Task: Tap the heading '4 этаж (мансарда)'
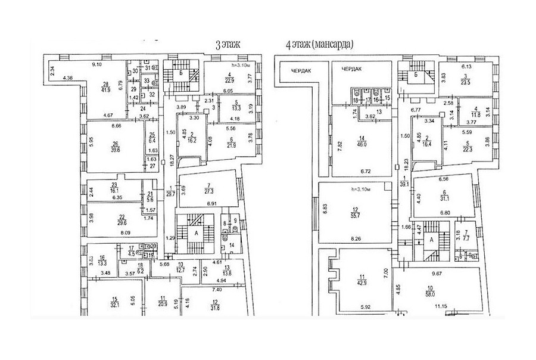(319, 44)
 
